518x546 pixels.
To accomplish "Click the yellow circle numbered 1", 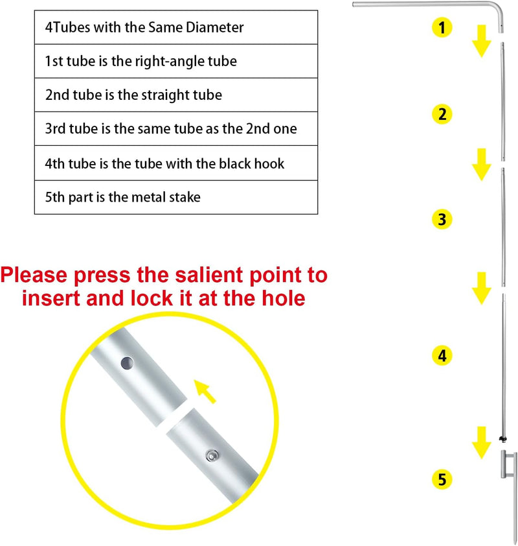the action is click(442, 27).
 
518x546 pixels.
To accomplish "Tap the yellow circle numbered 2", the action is click(442, 114).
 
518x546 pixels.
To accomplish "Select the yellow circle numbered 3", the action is click(442, 219).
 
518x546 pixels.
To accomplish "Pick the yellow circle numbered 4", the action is click(442, 355).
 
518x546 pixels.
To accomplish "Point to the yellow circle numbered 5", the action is click(442, 479).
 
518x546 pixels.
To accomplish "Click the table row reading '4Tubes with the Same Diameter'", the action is click(176, 27).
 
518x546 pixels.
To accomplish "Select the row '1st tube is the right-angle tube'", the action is click(176, 61).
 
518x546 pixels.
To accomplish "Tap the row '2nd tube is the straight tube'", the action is click(176, 95).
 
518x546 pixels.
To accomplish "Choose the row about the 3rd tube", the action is click(176, 128).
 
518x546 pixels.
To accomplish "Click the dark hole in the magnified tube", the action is click(128, 364).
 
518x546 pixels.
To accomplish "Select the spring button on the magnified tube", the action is click(212, 455).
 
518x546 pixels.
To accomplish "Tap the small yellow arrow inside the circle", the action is click(205, 392).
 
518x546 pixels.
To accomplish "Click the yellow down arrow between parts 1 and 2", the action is click(482, 41).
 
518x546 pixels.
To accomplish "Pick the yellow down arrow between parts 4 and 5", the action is click(482, 443).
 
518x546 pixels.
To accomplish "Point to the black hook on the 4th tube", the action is click(502, 438).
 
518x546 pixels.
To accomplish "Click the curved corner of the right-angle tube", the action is click(498, 8).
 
